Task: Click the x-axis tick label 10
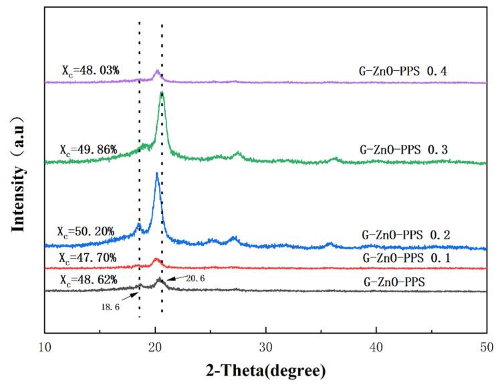click(44, 348)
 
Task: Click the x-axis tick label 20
click(155, 348)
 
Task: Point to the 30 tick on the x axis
click(266, 348)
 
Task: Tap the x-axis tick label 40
click(376, 348)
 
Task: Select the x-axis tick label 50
click(487, 348)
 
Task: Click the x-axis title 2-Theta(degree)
click(265, 370)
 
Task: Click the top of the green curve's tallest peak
click(162, 93)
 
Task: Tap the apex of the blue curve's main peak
click(157, 174)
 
